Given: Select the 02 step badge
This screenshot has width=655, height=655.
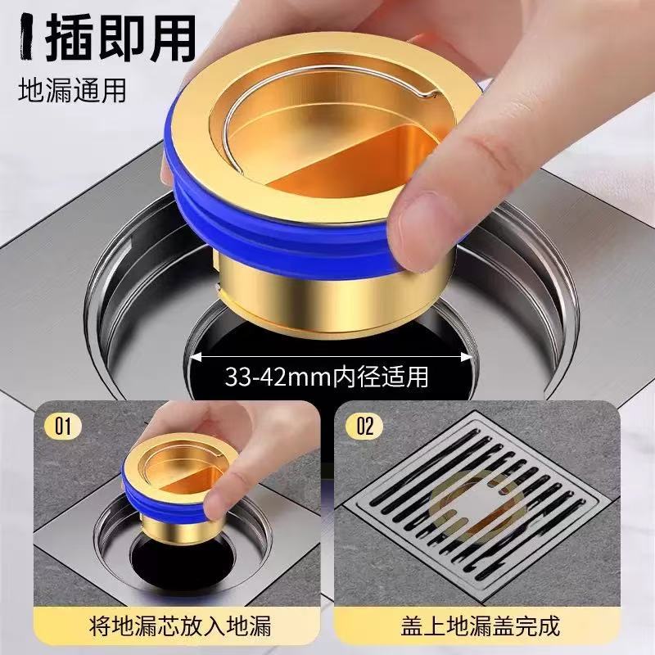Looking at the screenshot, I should pos(364,426).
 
